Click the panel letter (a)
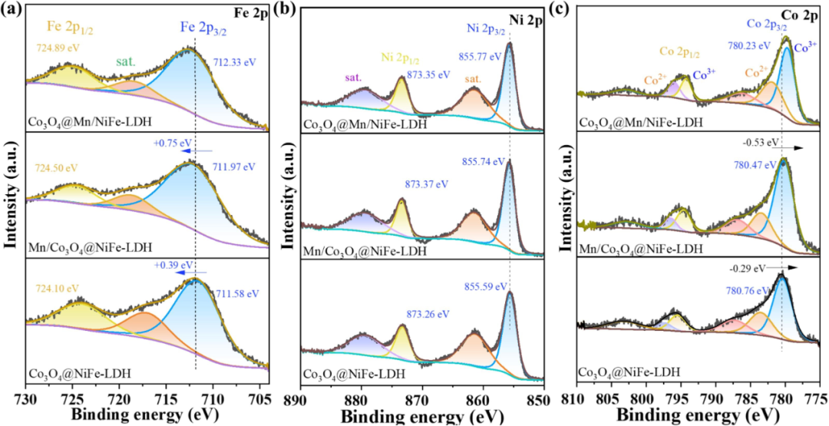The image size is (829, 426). (12, 9)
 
